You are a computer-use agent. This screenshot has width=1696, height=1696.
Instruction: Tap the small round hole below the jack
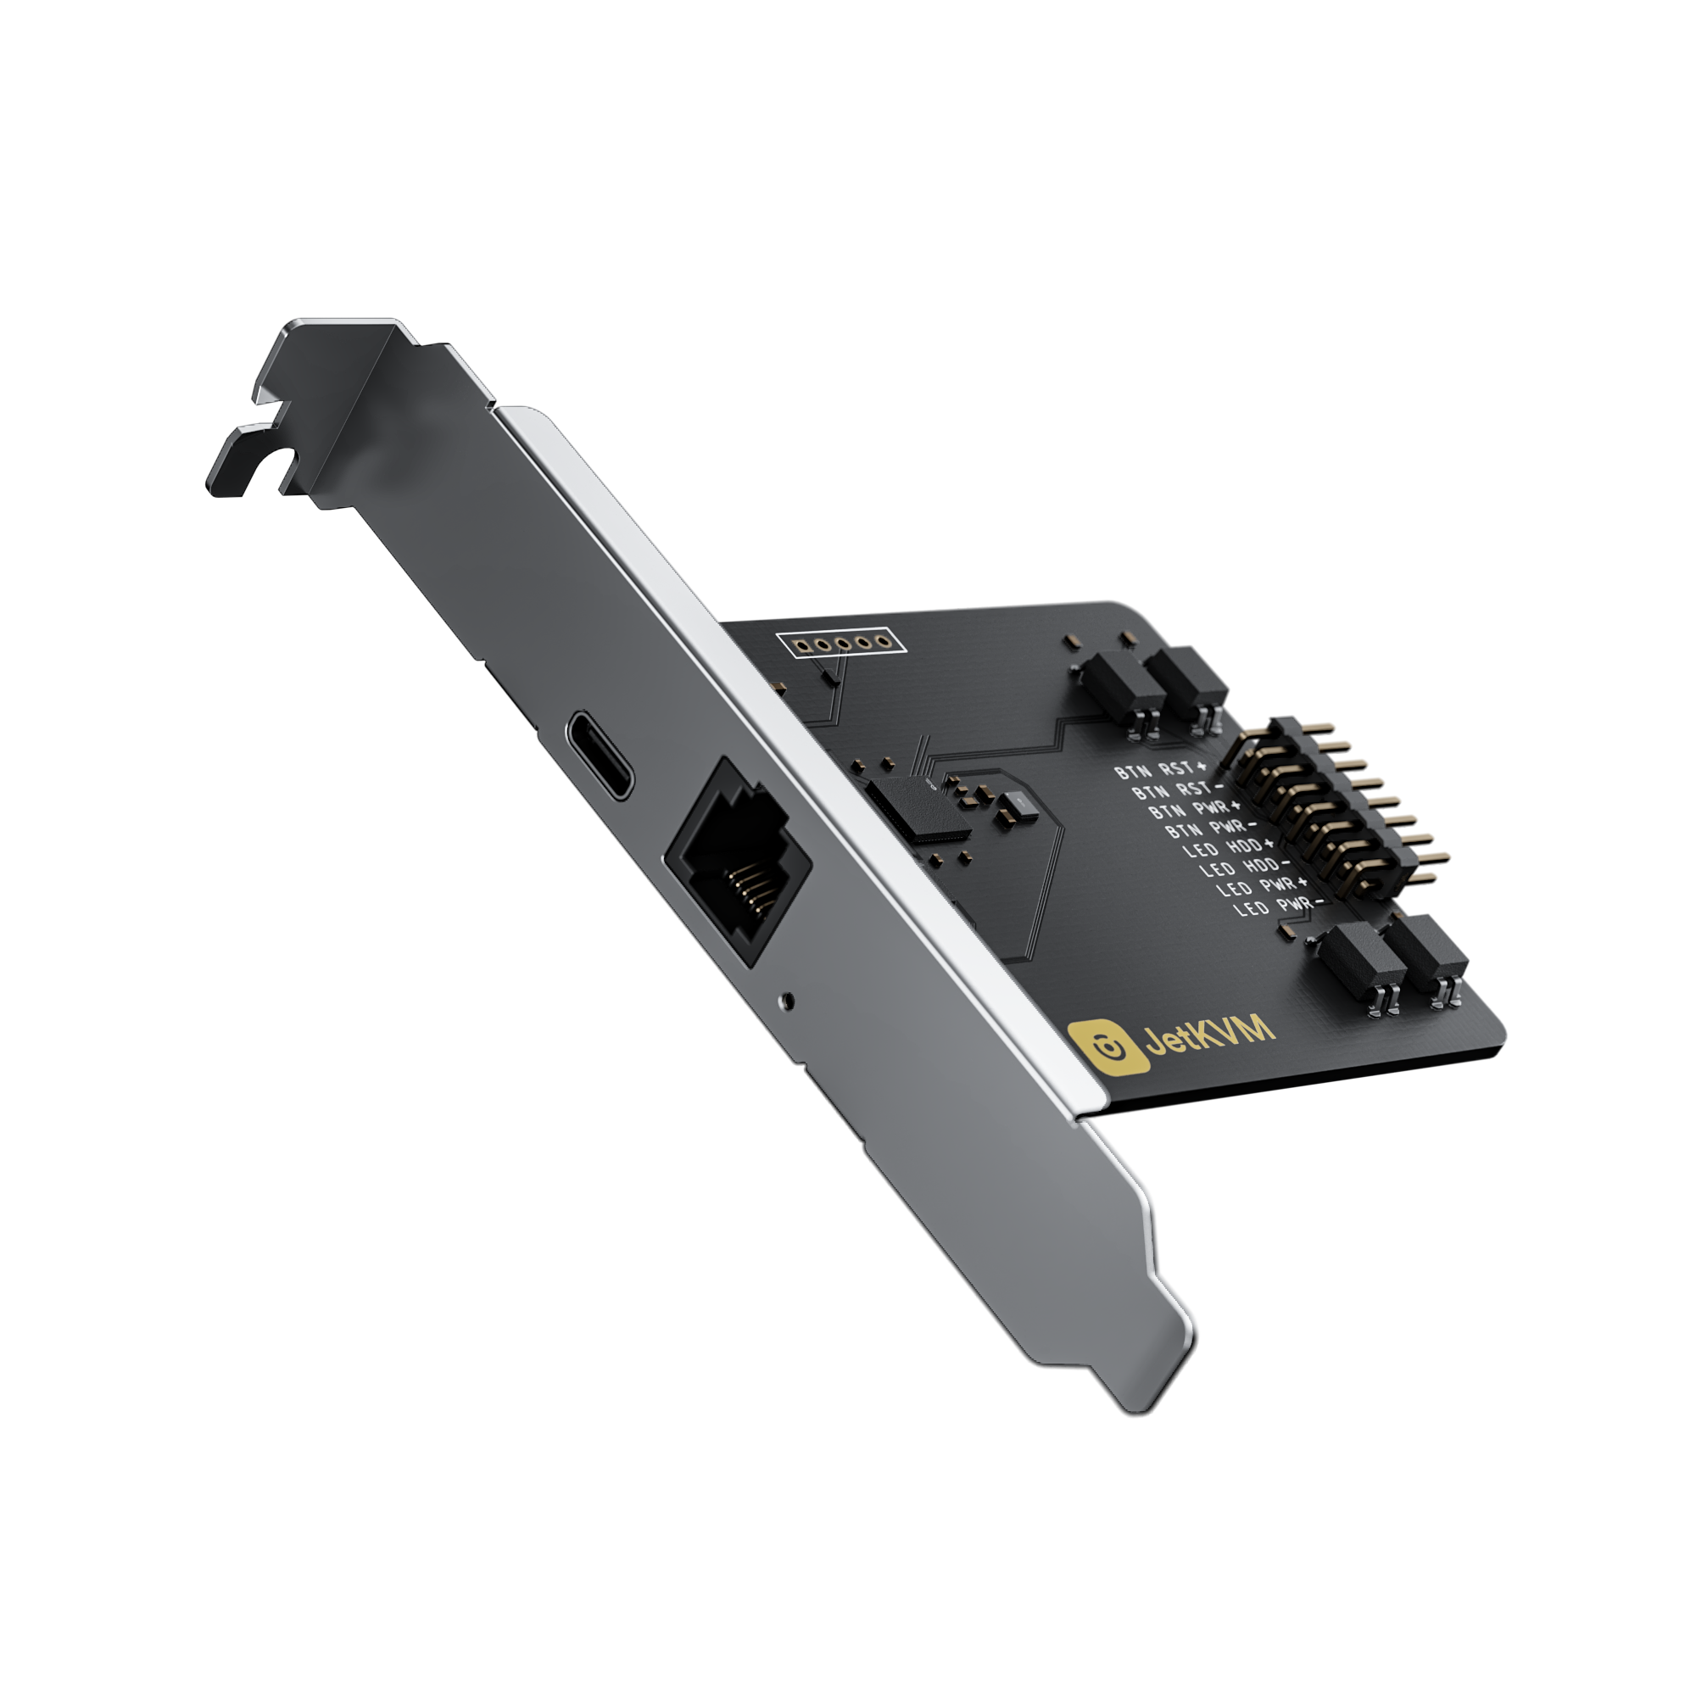[788, 999]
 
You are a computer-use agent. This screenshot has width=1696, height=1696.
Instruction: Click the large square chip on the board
[918, 806]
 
